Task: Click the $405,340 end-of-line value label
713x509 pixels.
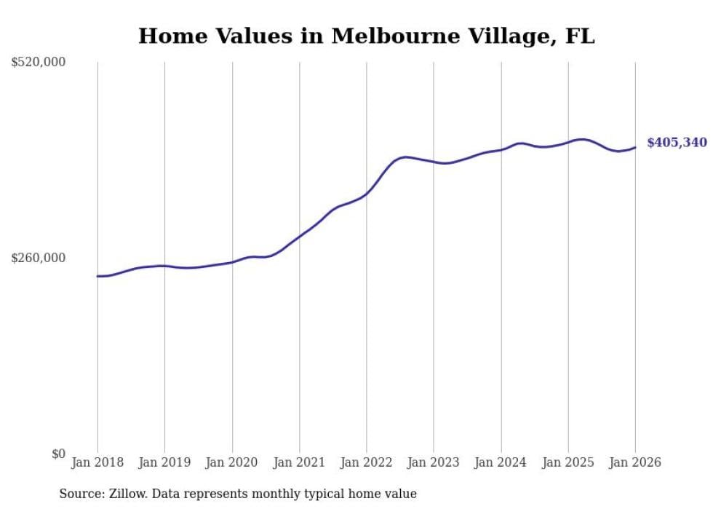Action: (x=677, y=143)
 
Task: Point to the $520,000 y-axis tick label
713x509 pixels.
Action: (x=39, y=63)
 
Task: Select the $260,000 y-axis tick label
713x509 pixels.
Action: (x=39, y=258)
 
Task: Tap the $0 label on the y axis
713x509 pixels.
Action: (x=58, y=454)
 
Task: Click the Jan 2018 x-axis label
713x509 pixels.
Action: (x=97, y=462)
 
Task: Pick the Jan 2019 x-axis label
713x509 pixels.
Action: (x=164, y=462)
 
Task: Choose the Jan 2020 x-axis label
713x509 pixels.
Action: (x=232, y=462)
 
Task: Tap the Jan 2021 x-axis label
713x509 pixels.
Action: (x=299, y=462)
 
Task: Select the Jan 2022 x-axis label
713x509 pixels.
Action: (x=367, y=462)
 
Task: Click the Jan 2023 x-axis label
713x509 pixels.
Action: (x=434, y=462)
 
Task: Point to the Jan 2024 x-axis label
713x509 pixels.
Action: (x=501, y=462)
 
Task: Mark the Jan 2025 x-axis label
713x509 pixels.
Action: (x=568, y=462)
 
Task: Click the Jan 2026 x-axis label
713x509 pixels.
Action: (x=635, y=462)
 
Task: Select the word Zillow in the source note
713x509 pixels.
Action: (x=130, y=494)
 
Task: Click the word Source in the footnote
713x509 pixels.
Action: (x=80, y=494)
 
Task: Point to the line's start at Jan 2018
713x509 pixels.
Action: (x=97, y=276)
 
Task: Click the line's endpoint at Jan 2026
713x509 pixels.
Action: (x=635, y=148)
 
